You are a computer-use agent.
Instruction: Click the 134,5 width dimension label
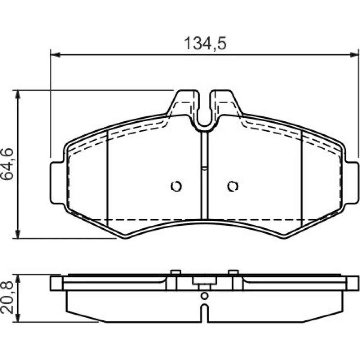click(x=205, y=44)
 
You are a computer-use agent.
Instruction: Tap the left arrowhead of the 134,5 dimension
click(x=55, y=55)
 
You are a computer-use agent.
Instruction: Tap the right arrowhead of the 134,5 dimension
click(x=353, y=55)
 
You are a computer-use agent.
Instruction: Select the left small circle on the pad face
click(x=176, y=186)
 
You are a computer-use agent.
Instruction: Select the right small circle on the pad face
click(x=233, y=186)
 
